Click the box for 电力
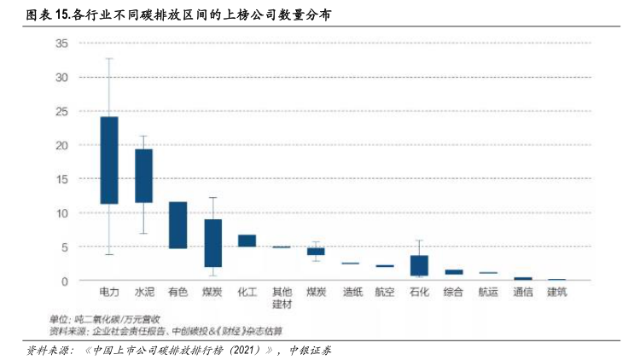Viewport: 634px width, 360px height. tap(109, 160)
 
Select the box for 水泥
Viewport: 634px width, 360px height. tap(143, 176)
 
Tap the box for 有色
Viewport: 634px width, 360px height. tap(177, 225)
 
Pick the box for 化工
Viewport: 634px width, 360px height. tap(247, 241)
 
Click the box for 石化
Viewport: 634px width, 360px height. tap(419, 265)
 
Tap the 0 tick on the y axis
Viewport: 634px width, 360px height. tap(64, 281)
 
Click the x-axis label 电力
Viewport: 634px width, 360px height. tap(109, 293)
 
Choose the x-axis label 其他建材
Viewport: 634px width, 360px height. tap(281, 298)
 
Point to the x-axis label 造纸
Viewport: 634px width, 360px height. tap(351, 293)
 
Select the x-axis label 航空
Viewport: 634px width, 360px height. tap(385, 293)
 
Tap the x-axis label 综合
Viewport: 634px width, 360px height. tap(454, 293)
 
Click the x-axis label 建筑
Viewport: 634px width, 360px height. tap(556, 293)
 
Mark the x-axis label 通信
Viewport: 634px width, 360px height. tap(522, 293)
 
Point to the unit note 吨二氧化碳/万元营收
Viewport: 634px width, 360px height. tap(111, 318)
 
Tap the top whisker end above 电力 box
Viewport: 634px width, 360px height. tap(109, 58)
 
